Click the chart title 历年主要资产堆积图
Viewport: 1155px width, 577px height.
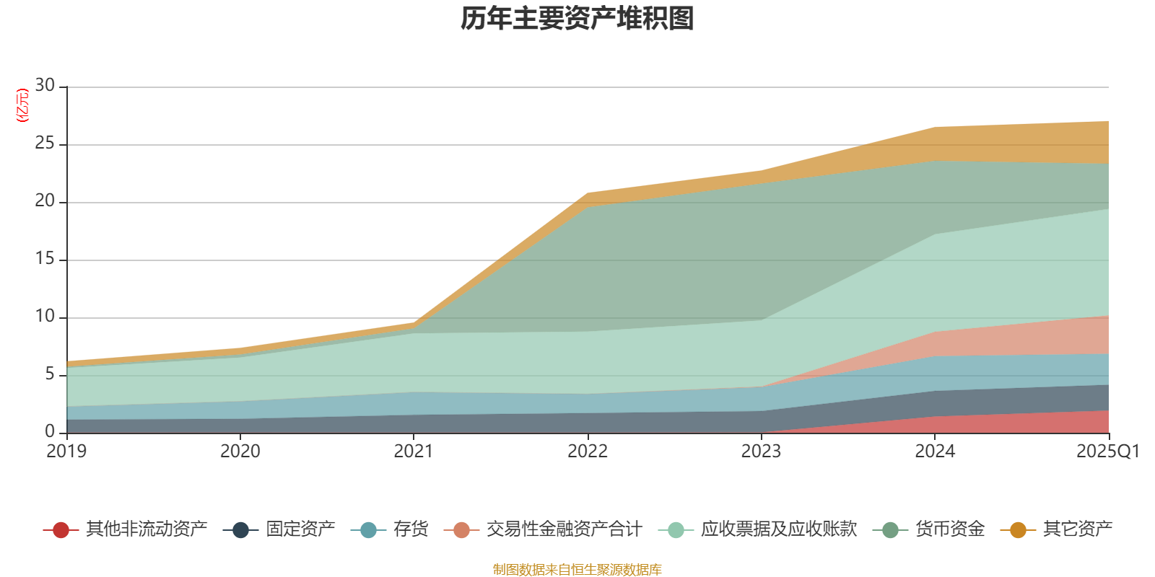coord(577,19)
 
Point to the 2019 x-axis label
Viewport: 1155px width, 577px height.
coord(66,452)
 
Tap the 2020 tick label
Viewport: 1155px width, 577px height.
coord(240,452)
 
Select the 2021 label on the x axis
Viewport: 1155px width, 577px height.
coord(414,452)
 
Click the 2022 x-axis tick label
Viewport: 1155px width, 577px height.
coord(588,452)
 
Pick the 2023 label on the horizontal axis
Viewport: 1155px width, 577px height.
coord(761,452)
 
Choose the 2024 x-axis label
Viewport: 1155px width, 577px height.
coord(935,452)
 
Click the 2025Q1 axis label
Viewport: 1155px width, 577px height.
coord(1107,452)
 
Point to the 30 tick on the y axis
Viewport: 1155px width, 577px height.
coord(45,86)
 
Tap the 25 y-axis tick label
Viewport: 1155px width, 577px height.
coord(45,144)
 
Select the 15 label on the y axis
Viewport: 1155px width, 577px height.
coord(45,259)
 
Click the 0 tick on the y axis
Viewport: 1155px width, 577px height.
coord(50,431)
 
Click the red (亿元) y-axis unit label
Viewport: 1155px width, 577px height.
coord(22,105)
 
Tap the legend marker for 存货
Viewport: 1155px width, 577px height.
coord(368,530)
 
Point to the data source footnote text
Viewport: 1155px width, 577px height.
coord(577,570)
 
